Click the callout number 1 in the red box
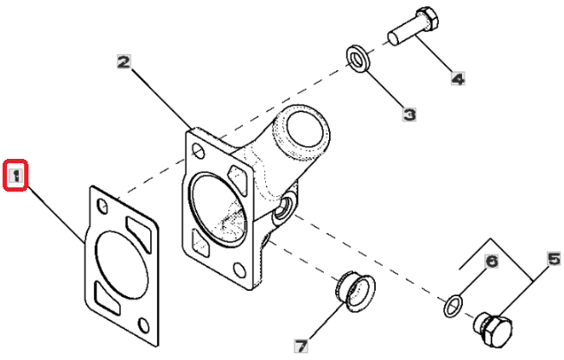coord(16,175)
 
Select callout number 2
coord(124,62)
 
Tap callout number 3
coord(409,115)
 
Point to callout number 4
coord(458,79)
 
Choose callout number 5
coord(554,259)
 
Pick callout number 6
coord(491,261)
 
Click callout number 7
coord(301,346)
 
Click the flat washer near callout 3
coord(358,59)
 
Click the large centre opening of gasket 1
coord(122,265)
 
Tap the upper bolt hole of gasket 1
coord(103,205)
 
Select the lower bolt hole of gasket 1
coord(144,325)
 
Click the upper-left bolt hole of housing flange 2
coord(199,151)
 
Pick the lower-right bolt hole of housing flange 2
coord(239,270)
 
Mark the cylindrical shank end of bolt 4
coord(394,39)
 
